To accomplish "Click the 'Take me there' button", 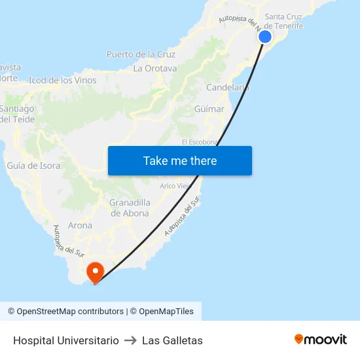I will [x=180, y=161].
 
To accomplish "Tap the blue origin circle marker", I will [x=265, y=37].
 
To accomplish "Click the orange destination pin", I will [x=95, y=272].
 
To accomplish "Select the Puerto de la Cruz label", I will [x=141, y=54].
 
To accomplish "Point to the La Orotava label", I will [x=155, y=68].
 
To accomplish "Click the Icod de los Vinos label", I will [x=63, y=81].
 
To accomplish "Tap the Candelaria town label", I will [x=227, y=87].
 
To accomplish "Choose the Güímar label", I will [x=209, y=109].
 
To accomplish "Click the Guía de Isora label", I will [x=33, y=166].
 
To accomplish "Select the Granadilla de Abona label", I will [x=130, y=207].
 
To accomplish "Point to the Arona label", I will [x=80, y=225].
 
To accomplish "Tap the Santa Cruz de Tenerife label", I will [x=284, y=21].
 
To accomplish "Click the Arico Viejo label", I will [x=175, y=186].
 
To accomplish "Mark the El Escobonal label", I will [x=199, y=142].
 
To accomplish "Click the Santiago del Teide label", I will [x=17, y=113].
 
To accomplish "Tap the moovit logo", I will [x=321, y=339].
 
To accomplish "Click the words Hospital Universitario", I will [x=66, y=340].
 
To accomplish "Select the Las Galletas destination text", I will [x=172, y=340].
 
